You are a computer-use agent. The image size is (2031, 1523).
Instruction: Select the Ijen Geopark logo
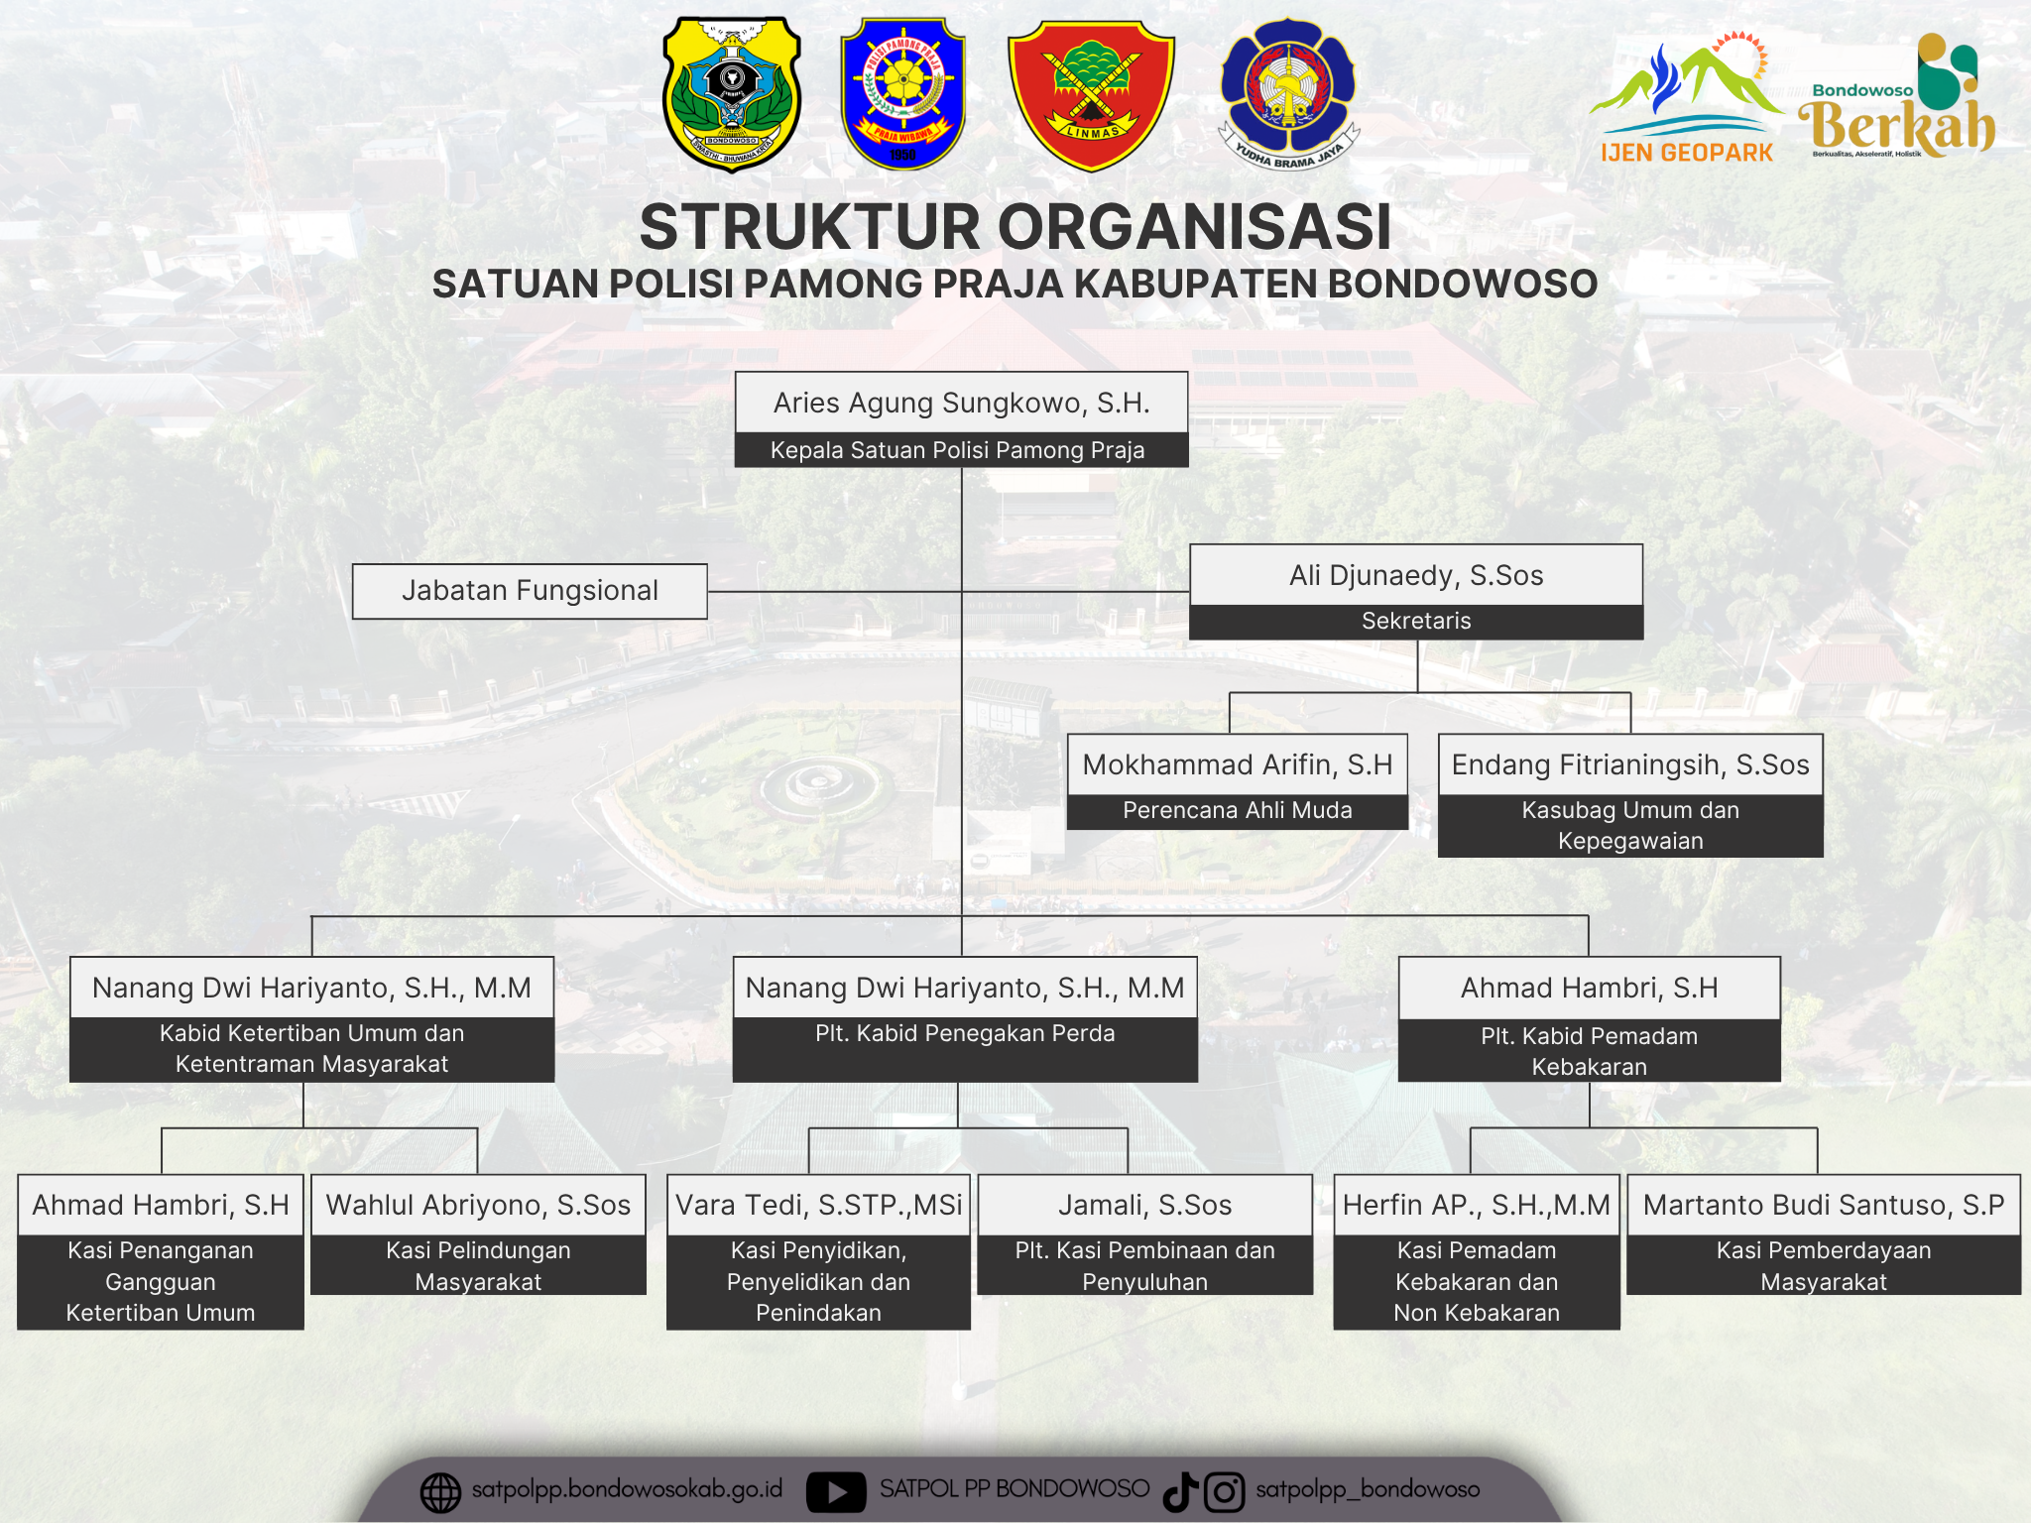(1686, 99)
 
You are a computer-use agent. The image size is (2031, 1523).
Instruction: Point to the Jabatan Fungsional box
(530, 591)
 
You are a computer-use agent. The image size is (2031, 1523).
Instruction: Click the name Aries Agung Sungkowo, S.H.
(961, 403)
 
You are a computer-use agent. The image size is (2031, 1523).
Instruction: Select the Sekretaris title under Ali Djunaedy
(1416, 621)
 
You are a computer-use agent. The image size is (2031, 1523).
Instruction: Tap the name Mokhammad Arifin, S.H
(1238, 764)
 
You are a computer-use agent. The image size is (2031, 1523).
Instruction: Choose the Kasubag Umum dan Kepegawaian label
(1630, 825)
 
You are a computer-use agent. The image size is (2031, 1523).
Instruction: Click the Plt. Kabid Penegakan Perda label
(965, 1033)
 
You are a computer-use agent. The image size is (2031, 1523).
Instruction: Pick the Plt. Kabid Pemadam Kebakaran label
(1589, 1051)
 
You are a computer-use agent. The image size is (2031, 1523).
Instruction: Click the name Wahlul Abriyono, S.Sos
(478, 1205)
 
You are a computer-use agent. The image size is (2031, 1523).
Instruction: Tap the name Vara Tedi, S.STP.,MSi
(818, 1205)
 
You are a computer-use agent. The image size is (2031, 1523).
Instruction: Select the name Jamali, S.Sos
(1144, 1205)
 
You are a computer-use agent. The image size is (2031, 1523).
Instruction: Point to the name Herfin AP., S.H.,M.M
(1476, 1205)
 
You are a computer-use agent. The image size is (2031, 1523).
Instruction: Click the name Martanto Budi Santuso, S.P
(1823, 1205)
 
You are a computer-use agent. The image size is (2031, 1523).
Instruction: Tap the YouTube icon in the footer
(835, 1491)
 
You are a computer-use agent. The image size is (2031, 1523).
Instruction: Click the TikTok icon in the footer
(1180, 1491)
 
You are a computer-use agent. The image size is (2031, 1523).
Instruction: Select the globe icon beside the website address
(440, 1491)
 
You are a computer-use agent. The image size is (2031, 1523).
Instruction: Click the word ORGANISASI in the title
(1194, 227)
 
